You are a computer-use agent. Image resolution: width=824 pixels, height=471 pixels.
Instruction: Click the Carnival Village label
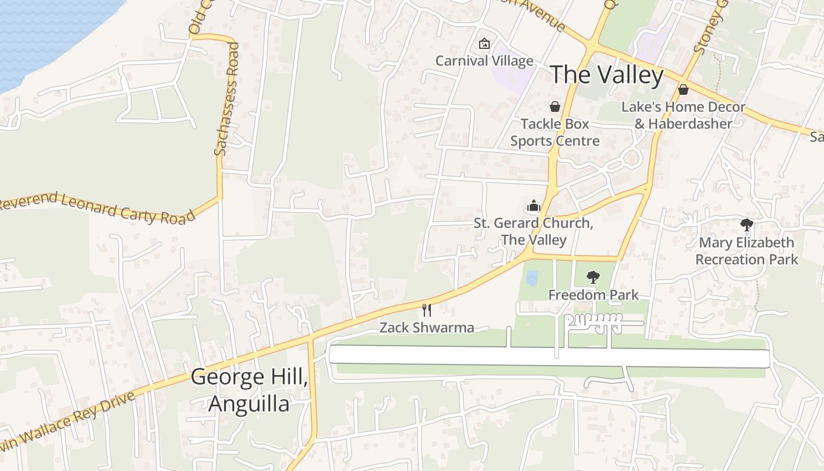tap(484, 61)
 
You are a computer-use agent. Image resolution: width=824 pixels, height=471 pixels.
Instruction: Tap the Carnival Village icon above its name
tap(484, 44)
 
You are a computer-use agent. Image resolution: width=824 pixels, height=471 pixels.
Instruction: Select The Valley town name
tap(606, 75)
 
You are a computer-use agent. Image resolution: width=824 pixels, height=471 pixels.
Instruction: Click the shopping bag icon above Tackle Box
tap(554, 107)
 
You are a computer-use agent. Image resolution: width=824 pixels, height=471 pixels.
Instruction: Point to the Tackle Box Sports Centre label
tap(554, 132)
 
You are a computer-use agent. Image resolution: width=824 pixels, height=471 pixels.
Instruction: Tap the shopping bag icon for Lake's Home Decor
tap(683, 89)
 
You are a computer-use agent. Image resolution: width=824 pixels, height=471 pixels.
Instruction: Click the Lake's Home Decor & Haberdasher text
tap(683, 115)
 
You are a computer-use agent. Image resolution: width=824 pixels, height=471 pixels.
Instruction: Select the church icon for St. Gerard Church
tap(533, 206)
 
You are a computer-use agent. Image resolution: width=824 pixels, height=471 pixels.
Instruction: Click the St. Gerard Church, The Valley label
tap(533, 231)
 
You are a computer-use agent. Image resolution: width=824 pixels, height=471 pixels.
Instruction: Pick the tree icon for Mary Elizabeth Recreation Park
tap(746, 224)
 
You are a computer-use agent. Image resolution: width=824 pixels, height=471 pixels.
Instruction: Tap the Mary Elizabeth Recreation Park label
tap(746, 251)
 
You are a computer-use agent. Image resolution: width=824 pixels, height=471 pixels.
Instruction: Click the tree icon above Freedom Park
tap(593, 277)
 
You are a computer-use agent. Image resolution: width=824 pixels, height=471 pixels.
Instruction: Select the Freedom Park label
tap(593, 294)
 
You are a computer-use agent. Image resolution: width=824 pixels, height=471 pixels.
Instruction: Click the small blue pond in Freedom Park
tap(531, 278)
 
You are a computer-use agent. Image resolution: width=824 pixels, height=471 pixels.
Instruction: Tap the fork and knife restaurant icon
tap(427, 310)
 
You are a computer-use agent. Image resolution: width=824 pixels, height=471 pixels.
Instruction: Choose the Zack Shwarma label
tap(427, 328)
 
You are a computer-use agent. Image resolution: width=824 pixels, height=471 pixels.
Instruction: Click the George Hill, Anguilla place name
tap(249, 390)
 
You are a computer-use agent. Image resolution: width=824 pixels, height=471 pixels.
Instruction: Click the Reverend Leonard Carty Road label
tap(97, 208)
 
